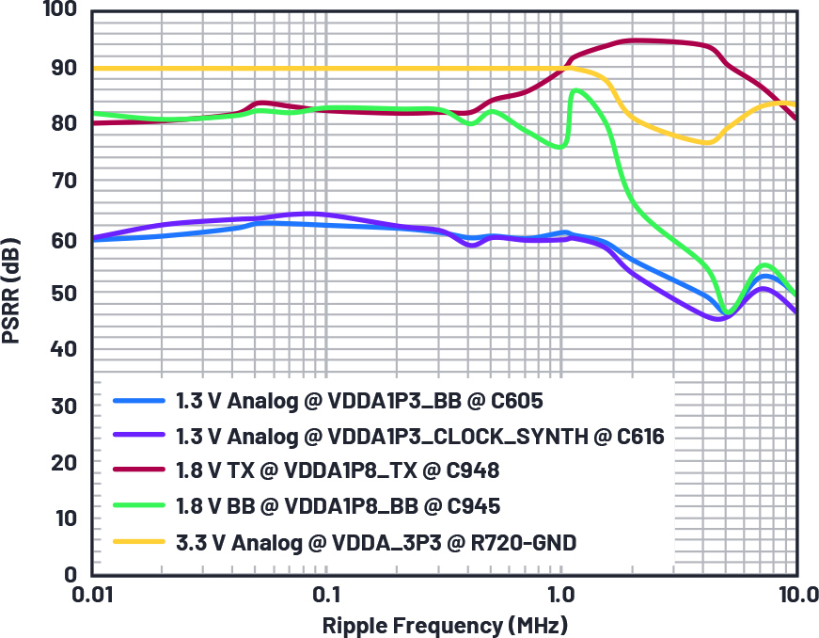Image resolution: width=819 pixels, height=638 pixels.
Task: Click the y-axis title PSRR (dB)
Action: [x=12, y=293]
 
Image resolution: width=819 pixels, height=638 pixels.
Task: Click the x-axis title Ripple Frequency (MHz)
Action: [x=445, y=625]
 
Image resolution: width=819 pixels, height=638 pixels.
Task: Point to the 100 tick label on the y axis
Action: [x=58, y=12]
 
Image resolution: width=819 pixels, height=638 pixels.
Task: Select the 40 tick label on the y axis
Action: [x=63, y=349]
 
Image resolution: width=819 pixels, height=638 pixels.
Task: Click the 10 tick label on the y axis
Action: [x=63, y=518]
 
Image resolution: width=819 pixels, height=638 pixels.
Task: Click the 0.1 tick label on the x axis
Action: [x=326, y=596]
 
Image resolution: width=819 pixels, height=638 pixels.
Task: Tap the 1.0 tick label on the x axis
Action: [x=561, y=596]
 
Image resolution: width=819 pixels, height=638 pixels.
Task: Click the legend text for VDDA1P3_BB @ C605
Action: [x=359, y=401]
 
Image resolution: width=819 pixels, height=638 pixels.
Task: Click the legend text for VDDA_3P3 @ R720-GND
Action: [x=375, y=541]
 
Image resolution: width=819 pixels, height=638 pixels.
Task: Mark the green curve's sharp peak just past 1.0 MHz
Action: [x=575, y=90]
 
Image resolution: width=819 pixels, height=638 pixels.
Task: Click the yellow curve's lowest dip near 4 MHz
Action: [x=708, y=142]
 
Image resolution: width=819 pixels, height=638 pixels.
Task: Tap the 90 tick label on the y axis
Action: [x=63, y=68]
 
